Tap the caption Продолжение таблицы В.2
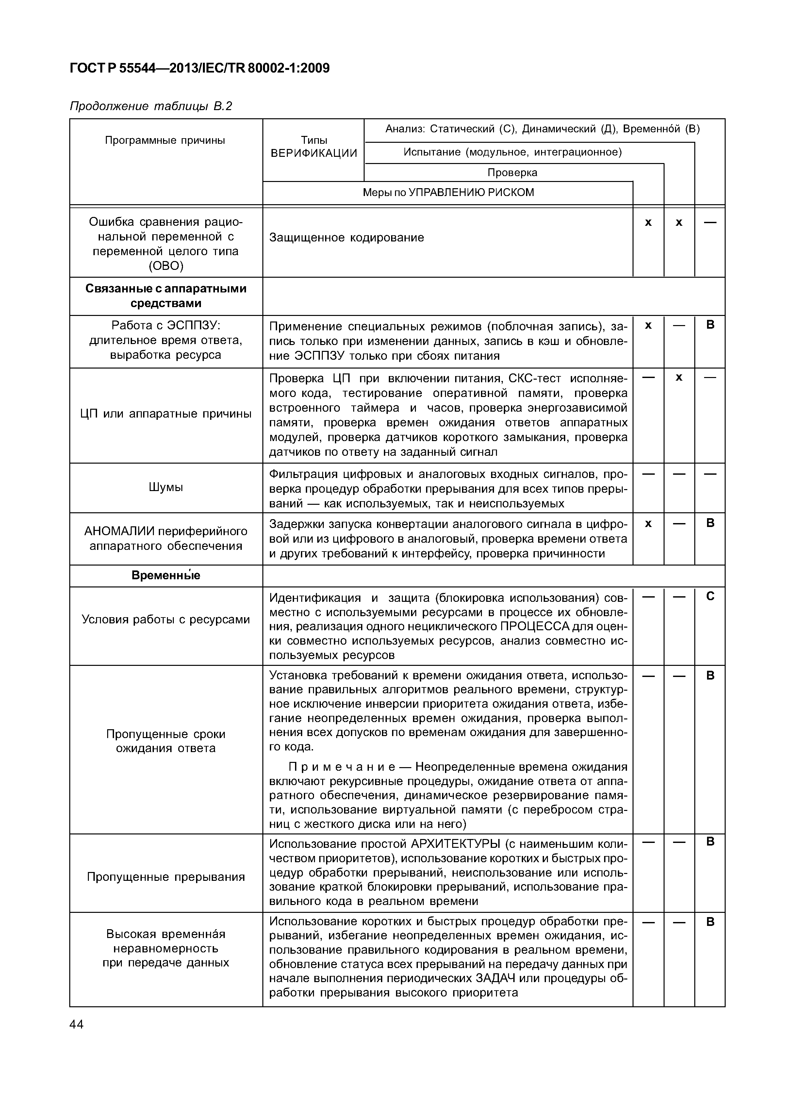coord(151,106)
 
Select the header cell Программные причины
coord(165,141)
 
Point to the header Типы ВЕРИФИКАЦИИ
coord(313,147)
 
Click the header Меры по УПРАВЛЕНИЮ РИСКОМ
coord(448,192)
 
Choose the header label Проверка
coord(512,173)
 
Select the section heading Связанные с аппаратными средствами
coord(166,296)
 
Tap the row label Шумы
coord(166,487)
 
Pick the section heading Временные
coord(166,576)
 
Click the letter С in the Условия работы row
coord(710,597)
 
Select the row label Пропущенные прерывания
coord(166,877)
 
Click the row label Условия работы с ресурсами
coord(166,620)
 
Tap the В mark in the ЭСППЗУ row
coord(710,325)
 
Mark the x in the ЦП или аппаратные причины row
coord(679,378)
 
